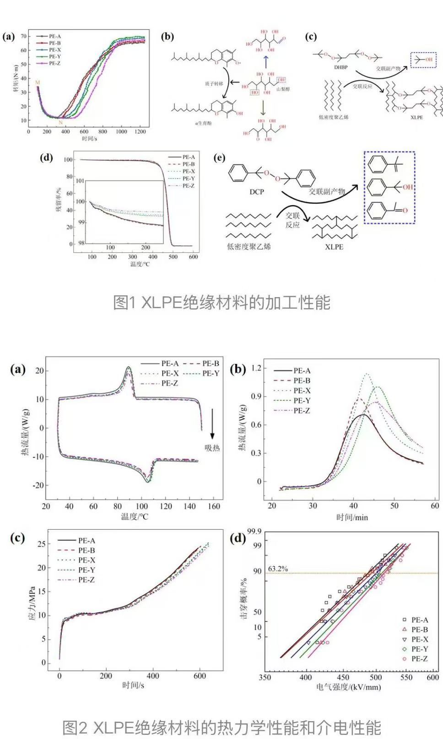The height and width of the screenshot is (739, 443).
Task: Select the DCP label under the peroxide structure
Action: pyautogui.click(x=257, y=191)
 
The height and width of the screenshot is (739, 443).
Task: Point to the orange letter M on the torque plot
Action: pyautogui.click(x=38, y=82)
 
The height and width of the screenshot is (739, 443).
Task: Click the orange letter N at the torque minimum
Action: pyautogui.click(x=60, y=123)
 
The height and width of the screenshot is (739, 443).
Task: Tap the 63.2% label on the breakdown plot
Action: pyautogui.click(x=278, y=569)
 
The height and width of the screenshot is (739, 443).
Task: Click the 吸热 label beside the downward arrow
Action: pyautogui.click(x=212, y=448)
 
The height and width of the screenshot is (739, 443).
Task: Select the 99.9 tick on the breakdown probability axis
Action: pyautogui.click(x=254, y=532)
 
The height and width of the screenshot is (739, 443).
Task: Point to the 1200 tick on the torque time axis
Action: pyautogui.click(x=140, y=132)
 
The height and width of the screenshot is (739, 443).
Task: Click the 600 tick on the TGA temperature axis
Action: pyautogui.click(x=194, y=257)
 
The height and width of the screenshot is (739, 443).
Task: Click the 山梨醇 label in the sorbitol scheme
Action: pyautogui.click(x=284, y=89)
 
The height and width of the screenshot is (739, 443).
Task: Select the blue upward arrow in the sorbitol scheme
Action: pyautogui.click(x=266, y=61)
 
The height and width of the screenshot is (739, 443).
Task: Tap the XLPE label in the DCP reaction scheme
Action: pyautogui.click(x=334, y=247)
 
